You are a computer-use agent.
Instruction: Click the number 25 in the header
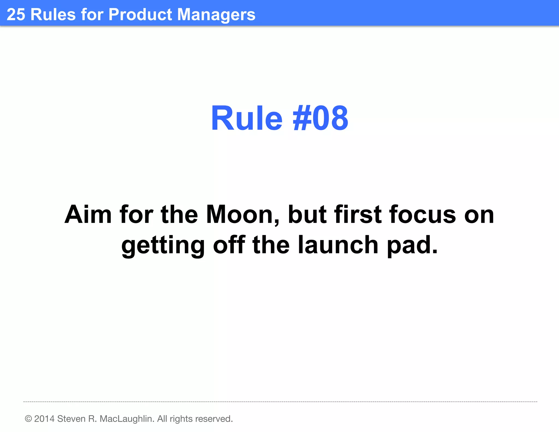coord(16,14)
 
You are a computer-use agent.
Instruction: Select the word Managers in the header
coord(216,15)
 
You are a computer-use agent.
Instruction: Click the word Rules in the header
coord(53,14)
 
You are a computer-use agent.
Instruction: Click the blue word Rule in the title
coord(246,119)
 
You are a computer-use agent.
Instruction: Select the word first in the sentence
coord(358,215)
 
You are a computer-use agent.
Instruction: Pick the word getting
coord(163,245)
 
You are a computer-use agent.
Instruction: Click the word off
coord(229,245)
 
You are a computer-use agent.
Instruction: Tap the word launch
coord(338,245)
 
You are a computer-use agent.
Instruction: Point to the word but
coord(307,215)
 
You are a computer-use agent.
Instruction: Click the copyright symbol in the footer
coord(28,419)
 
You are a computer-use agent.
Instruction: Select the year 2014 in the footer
coord(44,419)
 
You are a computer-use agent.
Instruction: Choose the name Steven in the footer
coord(71,419)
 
